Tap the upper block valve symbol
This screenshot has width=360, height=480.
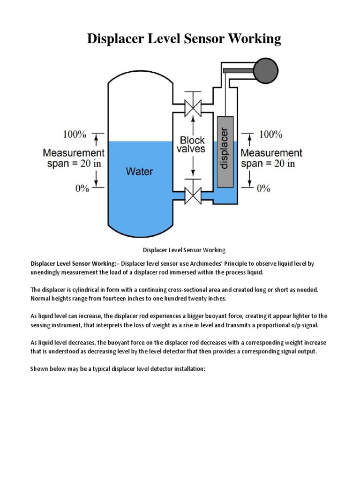pos(192,108)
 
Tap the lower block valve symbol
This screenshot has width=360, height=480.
pos(192,194)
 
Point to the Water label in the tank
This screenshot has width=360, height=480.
pos(139,171)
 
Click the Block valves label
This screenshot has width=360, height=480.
pos(192,144)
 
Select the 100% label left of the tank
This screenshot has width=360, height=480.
pos(75,135)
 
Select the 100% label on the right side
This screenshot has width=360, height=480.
pos(270,135)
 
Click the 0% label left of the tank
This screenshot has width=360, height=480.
pos(82,188)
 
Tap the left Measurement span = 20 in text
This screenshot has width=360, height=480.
pos(74,158)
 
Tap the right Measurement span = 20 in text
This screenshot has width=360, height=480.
pos(271,158)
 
